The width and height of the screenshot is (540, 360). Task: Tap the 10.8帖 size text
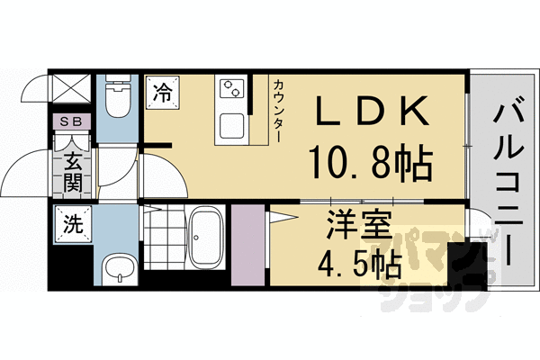pyautogui.click(x=371, y=164)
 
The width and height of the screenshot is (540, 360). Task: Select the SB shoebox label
pyautogui.click(x=69, y=121)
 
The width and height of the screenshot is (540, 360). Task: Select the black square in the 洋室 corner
pyautogui.click(x=464, y=261)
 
